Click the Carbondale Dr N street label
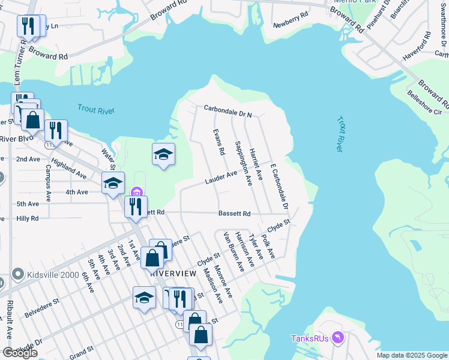point(228,110)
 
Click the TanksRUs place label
point(309,338)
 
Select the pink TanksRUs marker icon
point(337,338)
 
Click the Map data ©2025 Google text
point(412,355)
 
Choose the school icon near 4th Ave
point(112,184)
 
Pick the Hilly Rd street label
point(28,219)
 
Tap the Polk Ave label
point(268,247)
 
